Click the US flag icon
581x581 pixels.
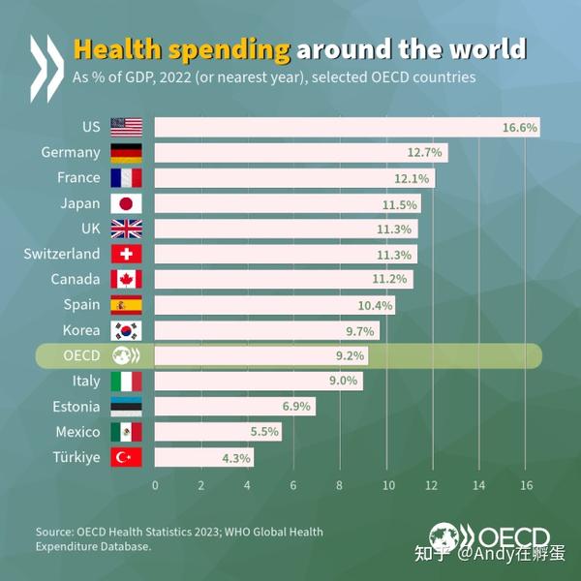[x=126, y=127]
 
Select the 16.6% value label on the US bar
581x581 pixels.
[x=520, y=127]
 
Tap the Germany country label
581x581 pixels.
[x=71, y=152]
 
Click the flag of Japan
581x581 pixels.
[x=126, y=203]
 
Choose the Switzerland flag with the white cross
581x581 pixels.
[x=126, y=254]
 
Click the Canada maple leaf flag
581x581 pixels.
[x=126, y=279]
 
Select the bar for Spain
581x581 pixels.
[x=274, y=305]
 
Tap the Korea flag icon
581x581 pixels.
[x=126, y=330]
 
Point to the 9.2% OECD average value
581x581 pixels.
[x=350, y=355]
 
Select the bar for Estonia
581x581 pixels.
[x=234, y=407]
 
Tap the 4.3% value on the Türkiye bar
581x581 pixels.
[x=236, y=457]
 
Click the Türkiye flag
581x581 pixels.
[x=126, y=457]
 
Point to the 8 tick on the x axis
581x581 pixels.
[x=340, y=484]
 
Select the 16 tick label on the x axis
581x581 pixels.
[x=525, y=484]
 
